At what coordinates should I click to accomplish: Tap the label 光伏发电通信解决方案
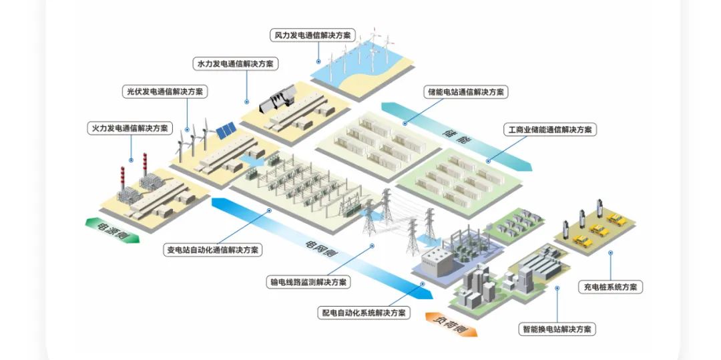165,92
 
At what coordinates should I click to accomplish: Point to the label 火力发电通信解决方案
129,127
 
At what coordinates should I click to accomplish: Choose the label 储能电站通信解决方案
465,92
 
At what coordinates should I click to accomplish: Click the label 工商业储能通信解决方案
550,130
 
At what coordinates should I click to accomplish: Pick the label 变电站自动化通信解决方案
214,250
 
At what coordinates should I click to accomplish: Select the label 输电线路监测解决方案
308,282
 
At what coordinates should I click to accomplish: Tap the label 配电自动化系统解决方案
363,312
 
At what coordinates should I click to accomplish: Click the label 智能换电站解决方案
557,329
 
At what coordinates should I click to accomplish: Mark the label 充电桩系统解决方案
610,287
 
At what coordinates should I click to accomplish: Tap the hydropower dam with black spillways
277,100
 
